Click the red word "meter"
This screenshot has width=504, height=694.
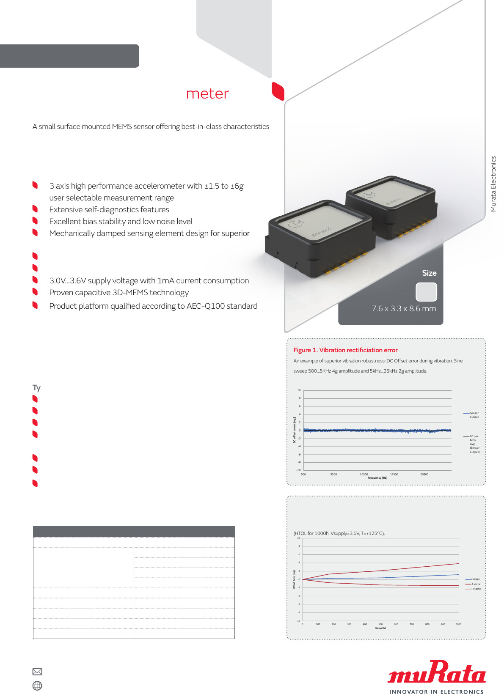point(207,93)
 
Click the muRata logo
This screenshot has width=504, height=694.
point(436,672)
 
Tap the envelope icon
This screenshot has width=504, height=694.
point(37,672)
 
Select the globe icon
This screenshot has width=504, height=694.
point(37,686)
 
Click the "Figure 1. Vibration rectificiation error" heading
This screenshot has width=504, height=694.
point(345,350)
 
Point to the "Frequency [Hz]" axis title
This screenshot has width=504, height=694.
point(377,478)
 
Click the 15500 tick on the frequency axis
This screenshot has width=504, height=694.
point(394,475)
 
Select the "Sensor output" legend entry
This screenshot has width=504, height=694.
point(474,415)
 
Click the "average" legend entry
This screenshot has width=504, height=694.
point(475,579)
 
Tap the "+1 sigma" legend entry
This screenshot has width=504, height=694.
point(475,589)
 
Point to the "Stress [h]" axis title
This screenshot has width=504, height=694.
point(380,628)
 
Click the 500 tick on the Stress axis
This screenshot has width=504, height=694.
point(380,624)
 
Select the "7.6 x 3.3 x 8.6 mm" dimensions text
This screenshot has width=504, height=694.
point(404,309)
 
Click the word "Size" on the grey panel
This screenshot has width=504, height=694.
point(429,273)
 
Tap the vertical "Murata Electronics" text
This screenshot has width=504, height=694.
point(493,184)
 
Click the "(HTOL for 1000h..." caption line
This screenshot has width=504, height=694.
point(339,533)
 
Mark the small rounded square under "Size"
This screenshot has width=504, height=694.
point(426,292)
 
